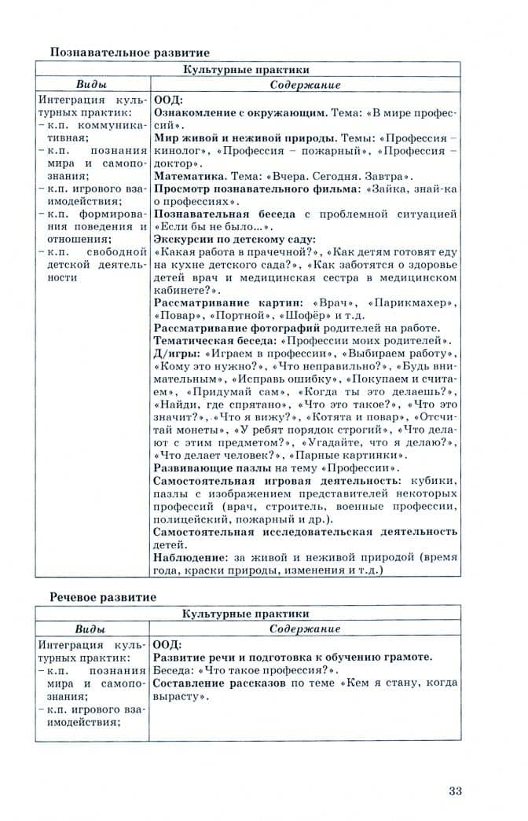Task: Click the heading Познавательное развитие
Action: click(130, 53)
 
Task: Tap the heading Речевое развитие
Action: click(104, 597)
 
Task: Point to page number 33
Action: click(455, 790)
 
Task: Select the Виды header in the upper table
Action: click(91, 85)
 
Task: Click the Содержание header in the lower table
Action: click(305, 629)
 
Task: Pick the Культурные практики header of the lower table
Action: click(246, 614)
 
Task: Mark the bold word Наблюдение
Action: click(188, 557)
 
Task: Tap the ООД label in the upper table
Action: click(167, 100)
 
